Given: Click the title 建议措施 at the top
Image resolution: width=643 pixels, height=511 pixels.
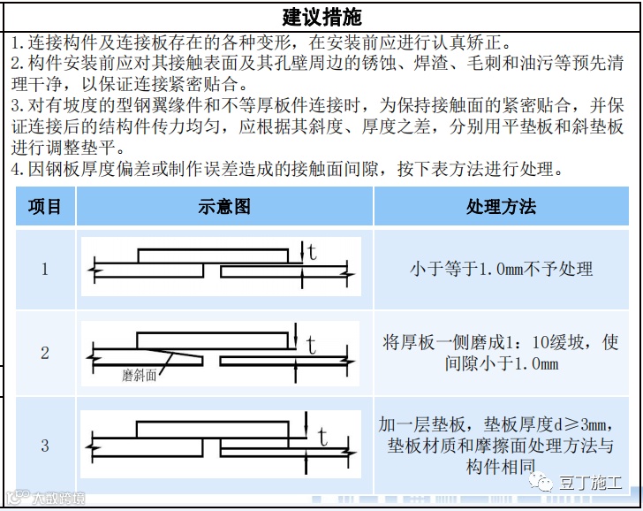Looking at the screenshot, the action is (321, 17).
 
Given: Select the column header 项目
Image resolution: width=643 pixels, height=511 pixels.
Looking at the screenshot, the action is (45, 207).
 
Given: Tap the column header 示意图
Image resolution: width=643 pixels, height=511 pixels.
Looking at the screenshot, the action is (224, 207).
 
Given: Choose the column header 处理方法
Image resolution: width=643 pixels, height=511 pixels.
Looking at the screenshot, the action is (501, 207).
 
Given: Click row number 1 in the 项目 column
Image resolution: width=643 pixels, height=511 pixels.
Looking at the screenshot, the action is (45, 269).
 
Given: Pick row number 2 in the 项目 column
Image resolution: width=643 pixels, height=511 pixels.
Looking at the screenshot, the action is (45, 353).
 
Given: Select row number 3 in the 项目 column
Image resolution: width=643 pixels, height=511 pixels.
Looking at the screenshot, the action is (45, 446).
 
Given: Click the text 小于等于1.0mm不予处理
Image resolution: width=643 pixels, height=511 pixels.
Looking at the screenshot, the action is (501, 269).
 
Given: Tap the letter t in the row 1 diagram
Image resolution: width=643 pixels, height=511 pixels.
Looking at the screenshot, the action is (312, 253).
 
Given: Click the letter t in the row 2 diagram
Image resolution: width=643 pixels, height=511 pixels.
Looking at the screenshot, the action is (310, 346).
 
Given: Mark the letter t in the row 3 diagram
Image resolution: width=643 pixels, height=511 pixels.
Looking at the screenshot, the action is (322, 437).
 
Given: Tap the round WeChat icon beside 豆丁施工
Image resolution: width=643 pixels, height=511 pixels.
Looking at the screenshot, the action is (541, 482).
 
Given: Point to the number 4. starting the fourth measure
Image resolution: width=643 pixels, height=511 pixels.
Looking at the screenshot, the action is (18, 168).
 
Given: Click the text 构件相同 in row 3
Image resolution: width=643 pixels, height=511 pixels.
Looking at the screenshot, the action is (501, 467).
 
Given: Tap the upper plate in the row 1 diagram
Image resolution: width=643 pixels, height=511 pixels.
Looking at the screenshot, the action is (212, 255).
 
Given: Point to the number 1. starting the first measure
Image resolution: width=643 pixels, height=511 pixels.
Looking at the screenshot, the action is (18, 42).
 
